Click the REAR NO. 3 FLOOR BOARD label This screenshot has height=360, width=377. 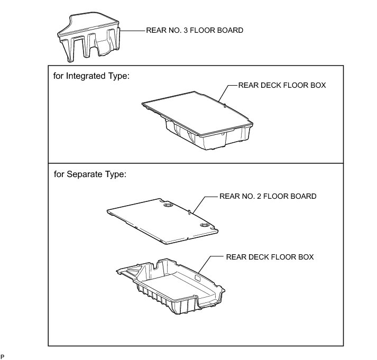(x=194, y=30)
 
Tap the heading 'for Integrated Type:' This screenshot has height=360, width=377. (x=91, y=76)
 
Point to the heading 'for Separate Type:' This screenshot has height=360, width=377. (x=90, y=174)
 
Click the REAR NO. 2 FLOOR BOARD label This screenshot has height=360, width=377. (x=268, y=196)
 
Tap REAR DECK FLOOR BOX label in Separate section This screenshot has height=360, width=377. (x=270, y=257)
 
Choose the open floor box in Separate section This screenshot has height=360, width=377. (x=174, y=285)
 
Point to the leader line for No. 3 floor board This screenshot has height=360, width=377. (x=132, y=31)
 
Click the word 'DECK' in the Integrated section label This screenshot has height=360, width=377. (x=270, y=85)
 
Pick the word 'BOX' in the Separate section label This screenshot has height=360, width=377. (x=306, y=257)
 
